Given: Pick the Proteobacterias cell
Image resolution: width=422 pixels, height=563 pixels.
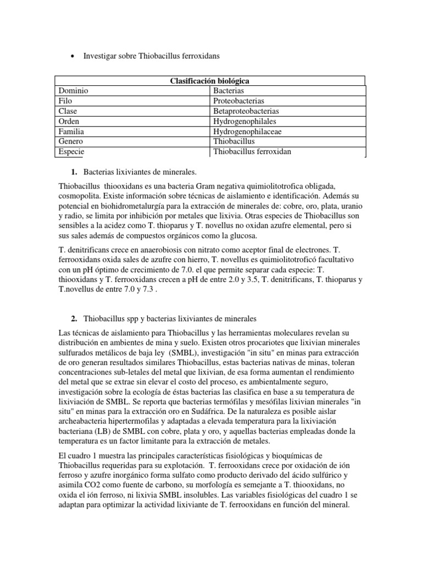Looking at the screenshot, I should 239,101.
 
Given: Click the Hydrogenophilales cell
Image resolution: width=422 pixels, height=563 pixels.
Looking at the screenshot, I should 245,121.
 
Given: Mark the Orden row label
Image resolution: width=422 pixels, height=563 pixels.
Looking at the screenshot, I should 69,121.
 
